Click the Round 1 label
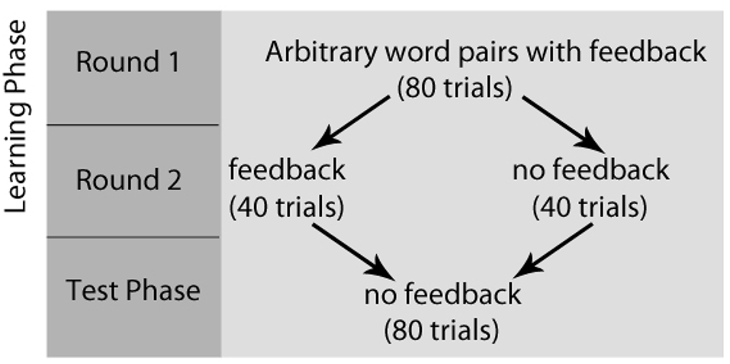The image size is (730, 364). coord(127,62)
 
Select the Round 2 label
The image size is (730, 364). coord(128,181)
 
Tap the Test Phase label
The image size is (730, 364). coord(133,291)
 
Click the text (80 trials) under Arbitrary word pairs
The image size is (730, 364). coord(453,88)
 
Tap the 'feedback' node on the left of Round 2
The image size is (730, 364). coord(287,169)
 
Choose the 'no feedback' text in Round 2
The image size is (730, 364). coord(590,169)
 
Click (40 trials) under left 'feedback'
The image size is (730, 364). coord(287,206)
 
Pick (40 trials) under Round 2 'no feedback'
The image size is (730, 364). coord(590,206)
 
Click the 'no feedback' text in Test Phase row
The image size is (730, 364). coord(442,294)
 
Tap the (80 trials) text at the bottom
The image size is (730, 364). coord(442,330)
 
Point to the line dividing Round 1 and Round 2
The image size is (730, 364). coord(133,124)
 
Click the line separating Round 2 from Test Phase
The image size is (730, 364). coord(133,237)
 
